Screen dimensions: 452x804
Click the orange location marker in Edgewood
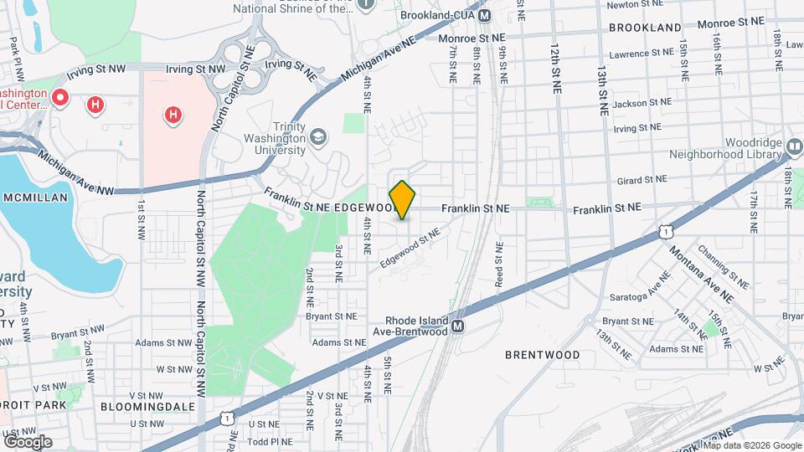click(x=403, y=200)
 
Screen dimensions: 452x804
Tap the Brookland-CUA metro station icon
click(x=484, y=16)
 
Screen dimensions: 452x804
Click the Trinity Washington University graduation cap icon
click(x=318, y=136)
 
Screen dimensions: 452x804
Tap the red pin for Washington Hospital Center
click(x=59, y=98)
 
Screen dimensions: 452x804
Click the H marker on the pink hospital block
click(x=173, y=114)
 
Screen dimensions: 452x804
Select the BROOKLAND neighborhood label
click(x=645, y=28)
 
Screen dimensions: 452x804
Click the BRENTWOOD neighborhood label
click(x=543, y=355)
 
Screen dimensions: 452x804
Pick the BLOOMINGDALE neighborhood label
click(x=147, y=406)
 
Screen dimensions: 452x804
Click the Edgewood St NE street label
click(x=409, y=249)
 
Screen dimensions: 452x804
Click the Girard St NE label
click(x=641, y=180)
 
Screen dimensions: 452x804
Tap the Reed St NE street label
click(x=498, y=264)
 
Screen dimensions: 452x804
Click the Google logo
click(x=28, y=441)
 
